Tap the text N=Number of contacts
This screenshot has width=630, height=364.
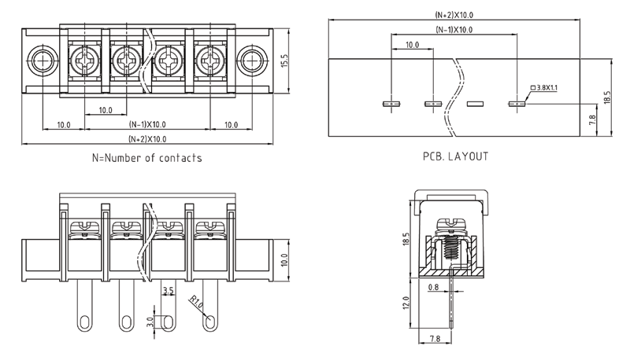(147, 157)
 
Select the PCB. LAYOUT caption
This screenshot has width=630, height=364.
(455, 156)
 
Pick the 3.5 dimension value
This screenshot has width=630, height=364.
(167, 291)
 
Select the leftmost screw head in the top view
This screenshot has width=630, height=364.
(83, 58)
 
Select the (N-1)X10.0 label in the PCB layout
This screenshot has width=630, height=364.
(454, 30)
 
